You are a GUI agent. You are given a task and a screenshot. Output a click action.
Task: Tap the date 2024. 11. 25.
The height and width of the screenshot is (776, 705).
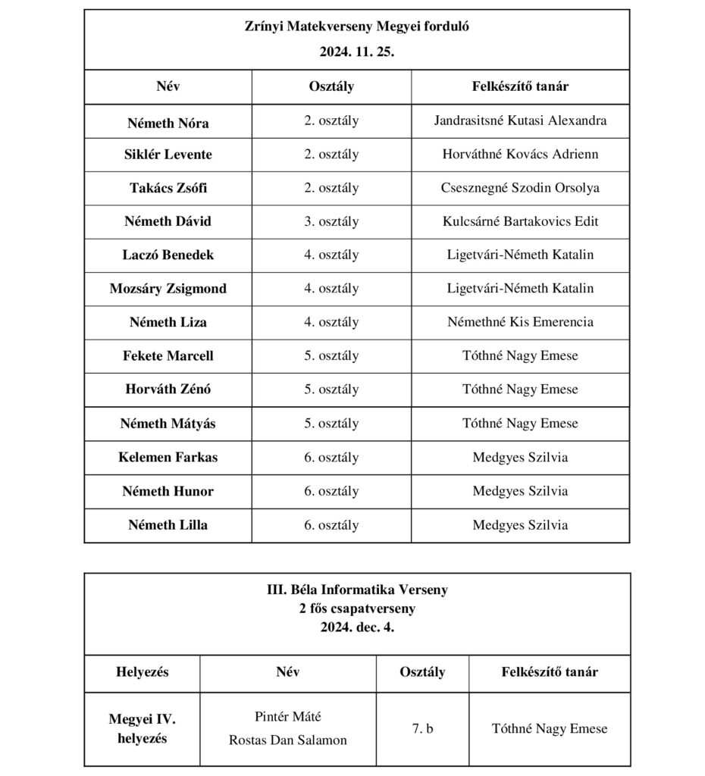(x=356, y=54)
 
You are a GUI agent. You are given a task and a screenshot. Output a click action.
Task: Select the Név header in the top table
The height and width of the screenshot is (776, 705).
(x=168, y=86)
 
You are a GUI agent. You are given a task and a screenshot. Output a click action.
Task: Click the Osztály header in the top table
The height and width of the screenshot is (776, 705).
(x=331, y=86)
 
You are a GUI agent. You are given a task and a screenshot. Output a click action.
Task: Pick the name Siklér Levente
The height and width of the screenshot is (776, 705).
(x=168, y=155)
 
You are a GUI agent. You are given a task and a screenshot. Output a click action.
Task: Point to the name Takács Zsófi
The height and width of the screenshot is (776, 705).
(x=168, y=188)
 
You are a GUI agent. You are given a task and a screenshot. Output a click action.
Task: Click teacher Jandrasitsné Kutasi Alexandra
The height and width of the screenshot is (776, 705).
(x=520, y=120)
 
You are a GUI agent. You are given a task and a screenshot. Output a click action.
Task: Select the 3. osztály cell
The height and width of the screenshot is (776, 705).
(x=331, y=221)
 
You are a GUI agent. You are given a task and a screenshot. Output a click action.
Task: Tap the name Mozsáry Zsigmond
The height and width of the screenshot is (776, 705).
(x=168, y=289)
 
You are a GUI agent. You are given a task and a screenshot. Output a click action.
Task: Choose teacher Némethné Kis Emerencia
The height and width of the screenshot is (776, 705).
(x=520, y=322)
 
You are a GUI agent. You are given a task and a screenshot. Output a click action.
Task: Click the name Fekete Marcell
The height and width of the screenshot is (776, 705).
(x=168, y=355)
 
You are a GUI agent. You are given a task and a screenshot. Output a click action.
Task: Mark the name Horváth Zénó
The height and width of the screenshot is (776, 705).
(x=168, y=390)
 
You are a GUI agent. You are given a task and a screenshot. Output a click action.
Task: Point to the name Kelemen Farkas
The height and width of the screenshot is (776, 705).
(x=168, y=457)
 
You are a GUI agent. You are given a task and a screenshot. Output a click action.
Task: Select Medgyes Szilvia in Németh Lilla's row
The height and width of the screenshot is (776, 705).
(x=520, y=524)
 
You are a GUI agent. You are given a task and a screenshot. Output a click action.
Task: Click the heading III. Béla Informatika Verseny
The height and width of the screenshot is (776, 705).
(x=356, y=590)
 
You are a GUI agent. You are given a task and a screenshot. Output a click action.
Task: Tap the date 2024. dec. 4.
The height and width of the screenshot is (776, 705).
(x=356, y=627)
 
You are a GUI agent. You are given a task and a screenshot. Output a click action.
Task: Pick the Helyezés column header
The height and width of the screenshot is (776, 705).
(x=143, y=672)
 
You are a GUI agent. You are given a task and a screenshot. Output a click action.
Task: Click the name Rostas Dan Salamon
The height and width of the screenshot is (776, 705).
(x=288, y=740)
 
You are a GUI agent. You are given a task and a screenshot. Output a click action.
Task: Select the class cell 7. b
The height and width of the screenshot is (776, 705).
(x=422, y=729)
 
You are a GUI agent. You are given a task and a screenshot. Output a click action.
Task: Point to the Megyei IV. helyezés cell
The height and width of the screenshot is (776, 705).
(x=143, y=728)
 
